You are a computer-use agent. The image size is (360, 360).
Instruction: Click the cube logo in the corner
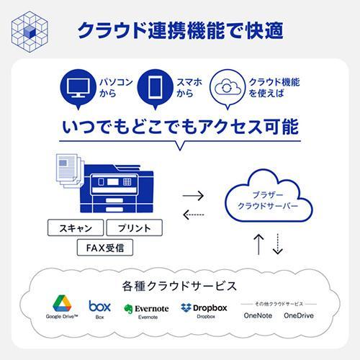tap(30, 32)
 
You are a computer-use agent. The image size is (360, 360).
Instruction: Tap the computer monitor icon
tap(78, 87)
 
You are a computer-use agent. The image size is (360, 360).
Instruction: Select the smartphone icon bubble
tap(155, 89)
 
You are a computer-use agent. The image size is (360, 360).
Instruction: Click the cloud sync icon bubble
tap(228, 89)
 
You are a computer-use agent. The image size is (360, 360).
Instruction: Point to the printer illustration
tap(117, 189)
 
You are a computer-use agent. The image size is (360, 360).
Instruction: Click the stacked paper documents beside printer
tap(69, 171)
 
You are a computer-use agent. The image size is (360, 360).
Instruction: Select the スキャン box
tap(76, 228)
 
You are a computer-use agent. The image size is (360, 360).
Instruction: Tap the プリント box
tap(135, 228)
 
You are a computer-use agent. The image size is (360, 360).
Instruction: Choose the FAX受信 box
tap(105, 248)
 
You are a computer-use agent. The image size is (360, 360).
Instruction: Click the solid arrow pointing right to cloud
tap(193, 196)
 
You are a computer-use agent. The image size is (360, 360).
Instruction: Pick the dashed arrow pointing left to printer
tap(193, 215)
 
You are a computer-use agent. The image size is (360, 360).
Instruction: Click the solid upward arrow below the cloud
tap(258, 244)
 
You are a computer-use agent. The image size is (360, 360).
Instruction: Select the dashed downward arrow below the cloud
tap(278, 244)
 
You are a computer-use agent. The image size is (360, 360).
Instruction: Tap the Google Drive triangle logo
tap(62, 303)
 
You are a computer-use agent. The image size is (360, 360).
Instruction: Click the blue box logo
tap(99, 306)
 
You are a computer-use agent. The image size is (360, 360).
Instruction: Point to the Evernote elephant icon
tap(128, 309)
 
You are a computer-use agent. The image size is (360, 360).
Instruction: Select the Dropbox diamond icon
tap(186, 307)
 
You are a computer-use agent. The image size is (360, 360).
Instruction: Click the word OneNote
tap(258, 315)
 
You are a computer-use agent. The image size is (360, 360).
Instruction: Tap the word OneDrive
tap(299, 315)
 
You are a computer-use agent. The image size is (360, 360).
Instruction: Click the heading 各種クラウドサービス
tap(179, 286)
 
